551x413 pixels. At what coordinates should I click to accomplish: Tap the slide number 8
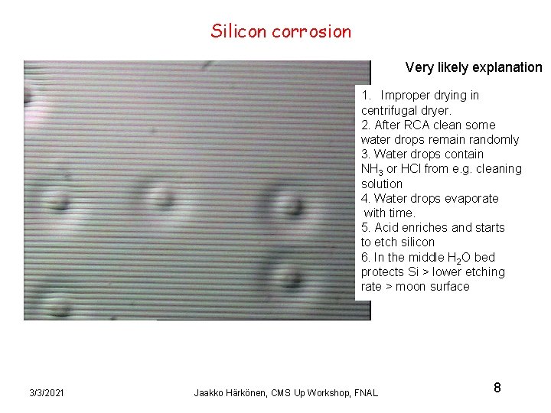497,388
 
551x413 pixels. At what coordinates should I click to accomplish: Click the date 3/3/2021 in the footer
47,392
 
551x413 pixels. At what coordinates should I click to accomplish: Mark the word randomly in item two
491,139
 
